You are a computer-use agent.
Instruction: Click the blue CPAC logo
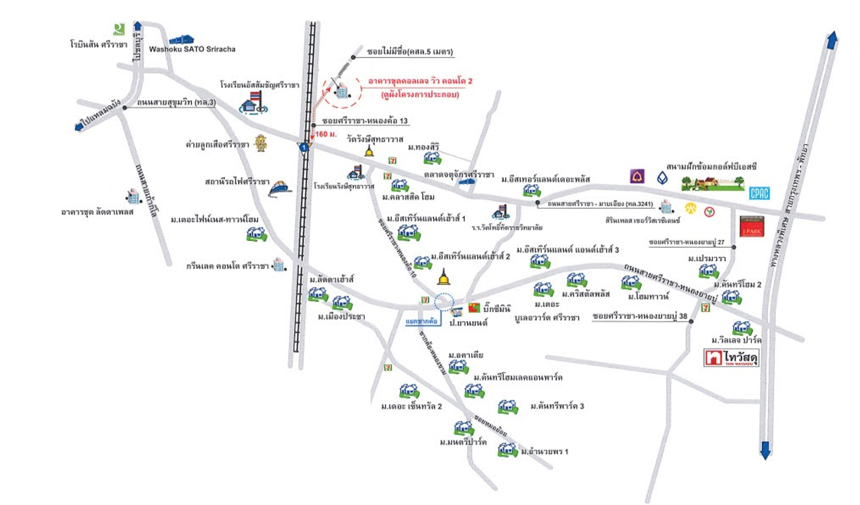(759, 193)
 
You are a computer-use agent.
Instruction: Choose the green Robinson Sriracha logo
(119, 29)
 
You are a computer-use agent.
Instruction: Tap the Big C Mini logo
(474, 308)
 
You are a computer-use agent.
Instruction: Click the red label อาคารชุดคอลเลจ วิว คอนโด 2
(421, 81)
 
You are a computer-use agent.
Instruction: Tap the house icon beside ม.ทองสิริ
(432, 158)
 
